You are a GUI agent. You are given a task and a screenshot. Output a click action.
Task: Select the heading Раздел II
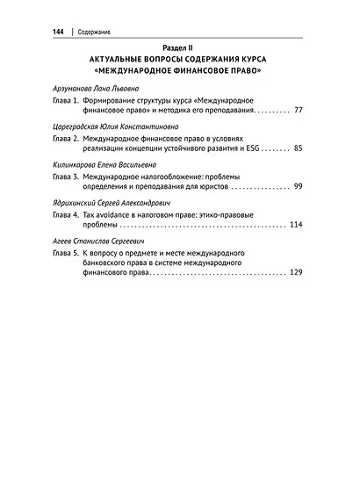[x=180, y=48]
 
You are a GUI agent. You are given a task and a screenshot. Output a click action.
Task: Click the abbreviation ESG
[x=253, y=150]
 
